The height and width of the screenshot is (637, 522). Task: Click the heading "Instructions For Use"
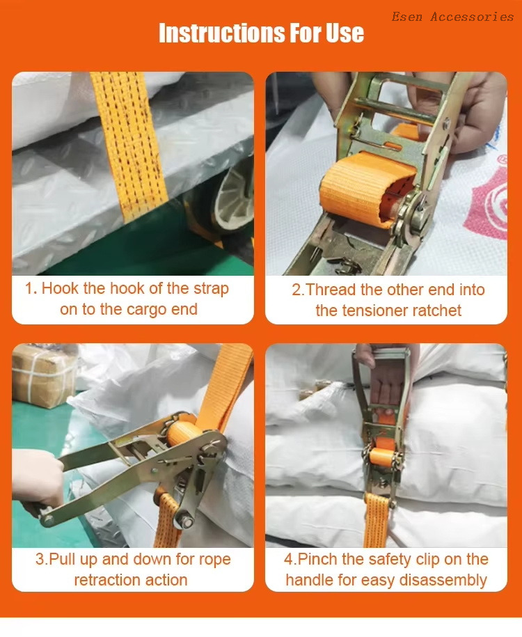[261, 33]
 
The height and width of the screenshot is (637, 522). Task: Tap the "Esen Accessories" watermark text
[452, 17]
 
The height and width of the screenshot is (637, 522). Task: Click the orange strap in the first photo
[129, 146]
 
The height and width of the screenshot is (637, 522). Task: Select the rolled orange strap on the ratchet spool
[367, 187]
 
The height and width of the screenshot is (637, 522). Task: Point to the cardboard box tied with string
[45, 375]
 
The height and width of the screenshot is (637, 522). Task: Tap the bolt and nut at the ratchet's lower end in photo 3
[185, 521]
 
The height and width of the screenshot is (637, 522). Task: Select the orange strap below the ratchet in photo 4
[377, 520]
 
